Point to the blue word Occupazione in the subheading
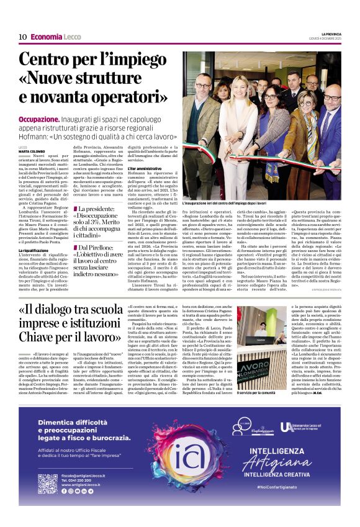[x=39, y=119]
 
